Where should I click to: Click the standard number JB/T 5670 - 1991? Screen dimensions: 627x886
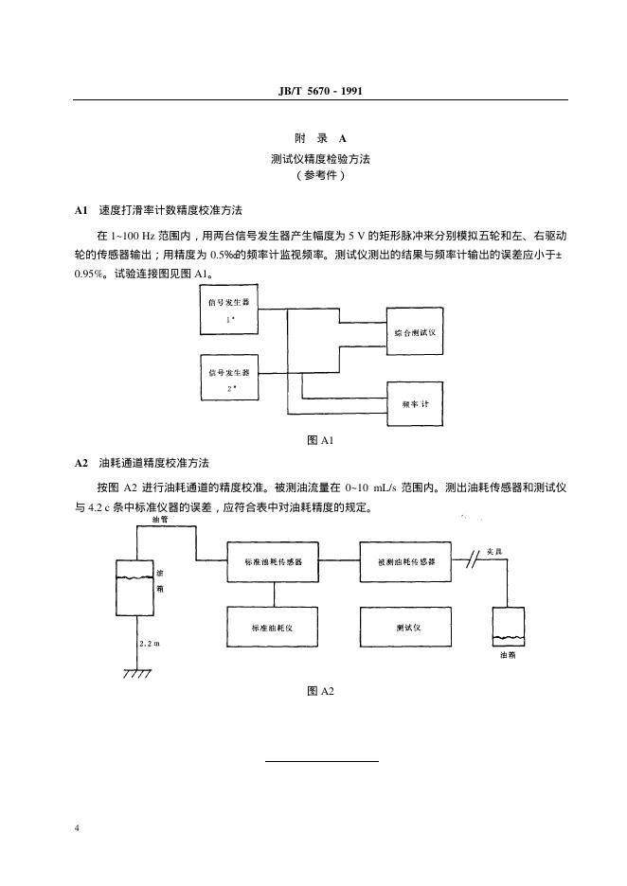320,91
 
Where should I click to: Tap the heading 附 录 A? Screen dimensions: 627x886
320,138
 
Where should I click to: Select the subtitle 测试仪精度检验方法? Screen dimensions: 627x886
320,159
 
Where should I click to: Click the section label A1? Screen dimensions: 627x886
81,210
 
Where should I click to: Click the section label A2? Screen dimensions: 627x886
81,463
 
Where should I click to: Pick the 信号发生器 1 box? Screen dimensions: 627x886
229,310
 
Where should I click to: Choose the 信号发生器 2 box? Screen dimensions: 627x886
229,378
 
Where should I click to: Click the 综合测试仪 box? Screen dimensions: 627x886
415,331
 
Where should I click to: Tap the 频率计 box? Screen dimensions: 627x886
415,403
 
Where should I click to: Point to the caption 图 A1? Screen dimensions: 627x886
320,440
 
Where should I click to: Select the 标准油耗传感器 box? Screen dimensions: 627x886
273,561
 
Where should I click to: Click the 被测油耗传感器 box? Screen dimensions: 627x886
406,561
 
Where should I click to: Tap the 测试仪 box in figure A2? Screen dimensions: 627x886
406,627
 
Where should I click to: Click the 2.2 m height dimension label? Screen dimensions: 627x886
150,644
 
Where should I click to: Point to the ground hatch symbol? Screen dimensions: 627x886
136,672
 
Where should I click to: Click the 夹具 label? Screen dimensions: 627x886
494,551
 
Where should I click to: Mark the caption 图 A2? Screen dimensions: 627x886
320,691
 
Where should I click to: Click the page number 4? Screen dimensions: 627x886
77,828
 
